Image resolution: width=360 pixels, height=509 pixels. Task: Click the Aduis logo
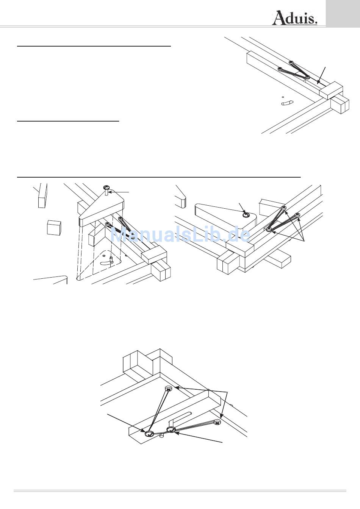295,18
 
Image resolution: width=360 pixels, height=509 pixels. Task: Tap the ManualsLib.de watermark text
180,234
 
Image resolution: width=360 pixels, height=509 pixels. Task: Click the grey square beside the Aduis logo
343,14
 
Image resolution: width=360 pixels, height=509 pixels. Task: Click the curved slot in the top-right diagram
286,103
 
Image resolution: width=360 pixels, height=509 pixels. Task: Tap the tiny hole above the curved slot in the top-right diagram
283,97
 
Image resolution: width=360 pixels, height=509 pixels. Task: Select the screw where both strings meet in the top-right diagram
307,77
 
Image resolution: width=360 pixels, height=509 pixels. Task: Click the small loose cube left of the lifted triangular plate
54,228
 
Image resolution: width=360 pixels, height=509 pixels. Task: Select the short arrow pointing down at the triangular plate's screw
242,208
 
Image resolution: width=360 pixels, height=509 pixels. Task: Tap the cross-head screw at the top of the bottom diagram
169,389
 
